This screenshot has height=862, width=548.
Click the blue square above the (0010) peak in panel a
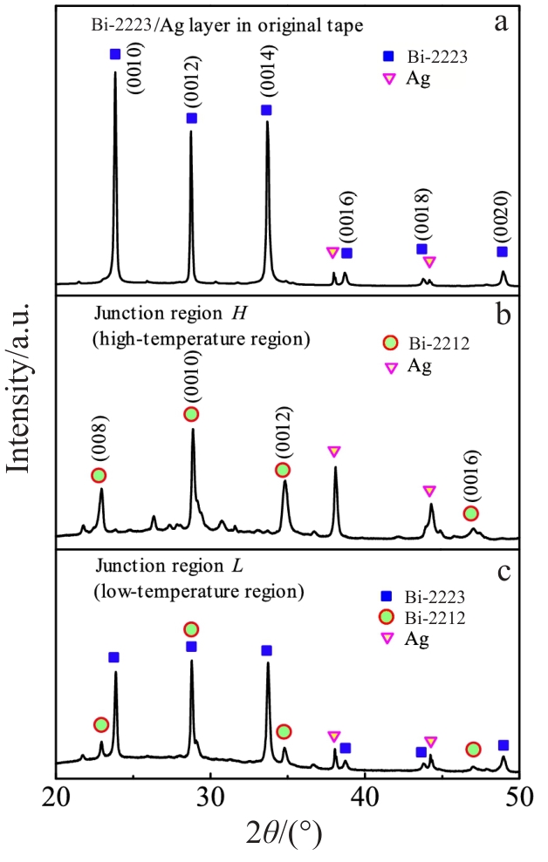point(115,54)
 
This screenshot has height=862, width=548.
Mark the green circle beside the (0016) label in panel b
point(471,513)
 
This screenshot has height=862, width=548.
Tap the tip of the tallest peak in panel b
point(193,429)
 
